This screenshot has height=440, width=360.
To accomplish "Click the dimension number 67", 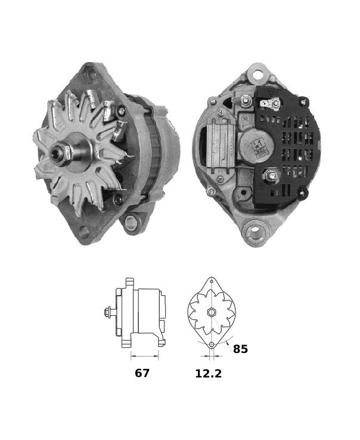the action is pos(142,373).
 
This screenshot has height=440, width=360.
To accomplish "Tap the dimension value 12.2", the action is pos(209,373).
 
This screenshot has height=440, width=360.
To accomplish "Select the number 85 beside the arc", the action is pos(240,349).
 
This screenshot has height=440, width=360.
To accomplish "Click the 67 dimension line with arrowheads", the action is pos(144,356).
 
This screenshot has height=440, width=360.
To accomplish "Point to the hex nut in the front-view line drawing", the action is pos(211,312).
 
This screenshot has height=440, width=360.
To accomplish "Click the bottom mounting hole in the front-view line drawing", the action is pos(211,345).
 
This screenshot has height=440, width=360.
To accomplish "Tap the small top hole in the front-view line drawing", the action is pos(212,281).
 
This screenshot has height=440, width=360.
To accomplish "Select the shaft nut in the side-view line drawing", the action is pos(107,312).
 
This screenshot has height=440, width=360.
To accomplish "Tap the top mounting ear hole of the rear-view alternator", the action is pos(257,75).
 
